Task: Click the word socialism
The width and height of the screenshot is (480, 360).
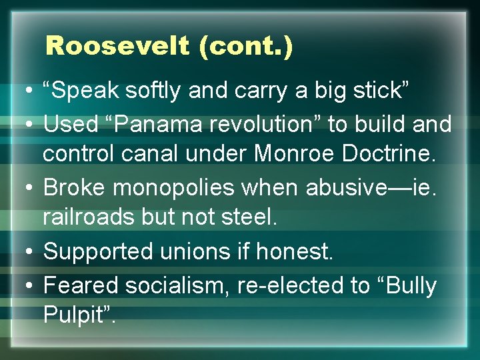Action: pyautogui.click(x=169, y=285)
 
